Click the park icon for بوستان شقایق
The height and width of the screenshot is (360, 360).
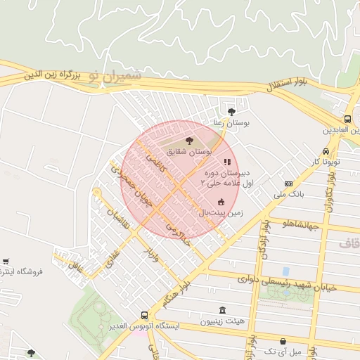click(x=188, y=141)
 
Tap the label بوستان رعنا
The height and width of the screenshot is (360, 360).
click(x=232, y=122)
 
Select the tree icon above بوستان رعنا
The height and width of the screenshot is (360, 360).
click(x=232, y=111)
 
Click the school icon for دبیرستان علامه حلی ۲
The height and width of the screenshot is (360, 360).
click(x=226, y=162)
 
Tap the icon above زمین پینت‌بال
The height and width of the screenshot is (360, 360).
click(x=221, y=202)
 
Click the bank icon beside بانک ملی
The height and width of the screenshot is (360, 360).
click(x=288, y=184)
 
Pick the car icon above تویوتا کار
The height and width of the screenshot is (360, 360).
click(x=326, y=152)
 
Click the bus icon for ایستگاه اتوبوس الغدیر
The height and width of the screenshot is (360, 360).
click(x=144, y=316)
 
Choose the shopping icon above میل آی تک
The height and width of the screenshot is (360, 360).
click(x=283, y=341)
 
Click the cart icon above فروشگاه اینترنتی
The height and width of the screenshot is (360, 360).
click(x=6, y=261)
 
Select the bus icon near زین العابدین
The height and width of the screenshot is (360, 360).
click(x=348, y=119)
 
